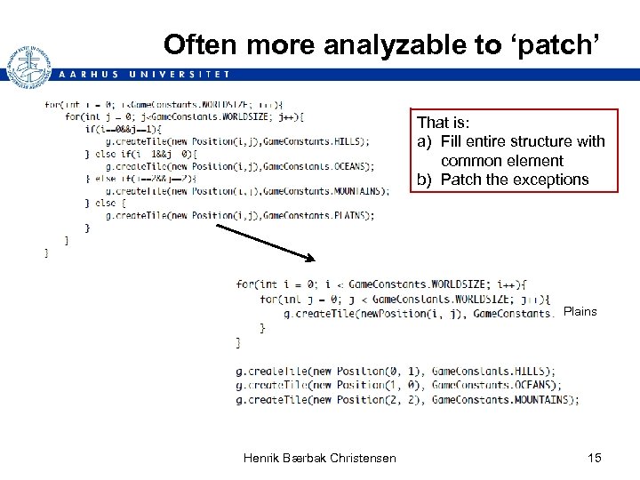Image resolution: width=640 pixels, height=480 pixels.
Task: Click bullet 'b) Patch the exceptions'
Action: [503, 180]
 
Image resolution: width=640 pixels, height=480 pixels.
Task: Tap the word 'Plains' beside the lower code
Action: [580, 312]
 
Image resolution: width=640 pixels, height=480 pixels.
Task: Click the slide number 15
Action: [595, 458]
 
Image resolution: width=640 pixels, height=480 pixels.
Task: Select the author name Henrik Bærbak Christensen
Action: [320, 458]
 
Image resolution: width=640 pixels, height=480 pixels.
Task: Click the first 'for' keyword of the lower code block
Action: [244, 284]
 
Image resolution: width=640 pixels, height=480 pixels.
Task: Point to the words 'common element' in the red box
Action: [502, 161]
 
